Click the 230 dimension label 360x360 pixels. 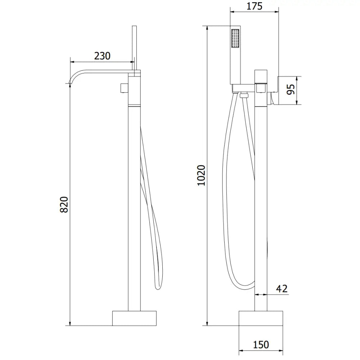[x=102, y=56]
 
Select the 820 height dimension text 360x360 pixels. [x=63, y=204]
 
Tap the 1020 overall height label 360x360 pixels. [x=201, y=175]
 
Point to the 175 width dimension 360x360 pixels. [x=255, y=6]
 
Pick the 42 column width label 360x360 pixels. [x=282, y=289]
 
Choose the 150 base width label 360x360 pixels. [x=261, y=345]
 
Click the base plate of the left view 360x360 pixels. [x=135, y=318]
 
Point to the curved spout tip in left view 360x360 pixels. [x=69, y=82]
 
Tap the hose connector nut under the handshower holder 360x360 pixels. [x=244, y=95]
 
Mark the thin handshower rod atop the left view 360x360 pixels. [x=135, y=47]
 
